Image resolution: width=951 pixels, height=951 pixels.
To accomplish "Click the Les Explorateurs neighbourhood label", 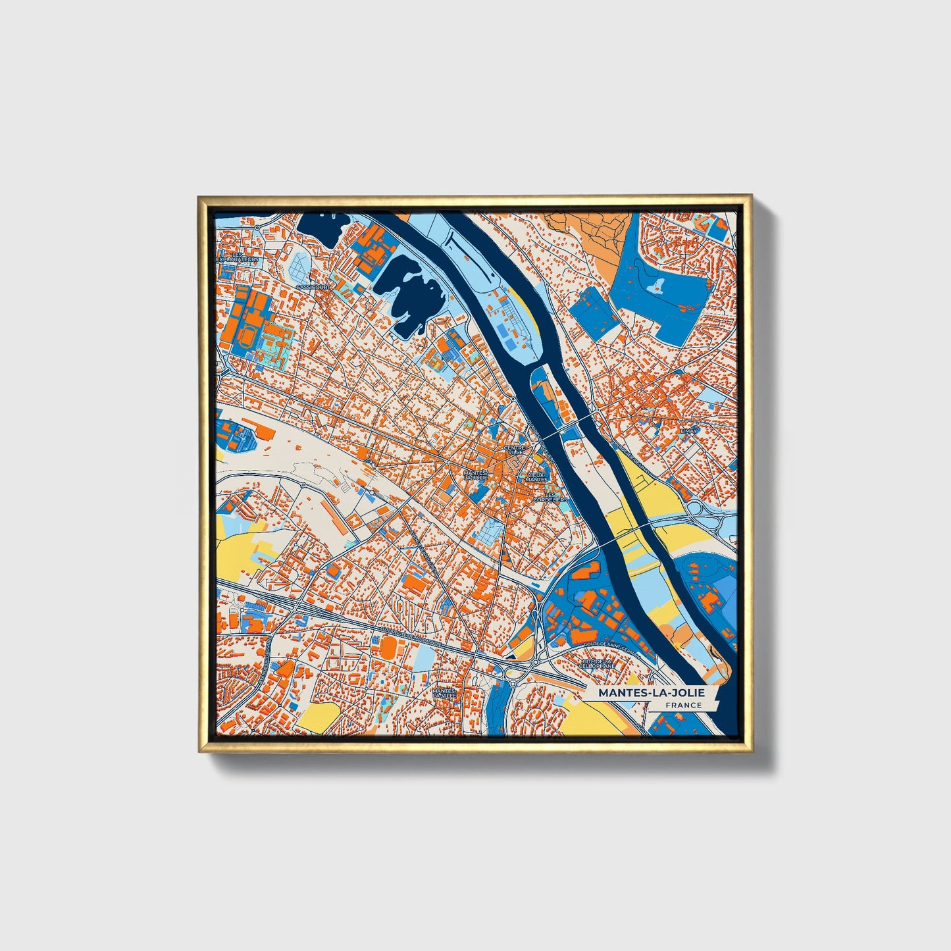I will point(238,257).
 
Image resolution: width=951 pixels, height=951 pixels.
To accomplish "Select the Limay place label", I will point(688,430).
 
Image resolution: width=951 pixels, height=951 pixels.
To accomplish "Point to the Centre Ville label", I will point(515,450).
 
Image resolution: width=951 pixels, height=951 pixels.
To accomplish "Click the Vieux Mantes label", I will point(536,477).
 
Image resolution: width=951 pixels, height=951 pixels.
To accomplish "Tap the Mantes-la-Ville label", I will point(444,693).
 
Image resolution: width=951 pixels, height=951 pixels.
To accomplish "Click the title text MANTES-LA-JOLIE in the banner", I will point(651,693).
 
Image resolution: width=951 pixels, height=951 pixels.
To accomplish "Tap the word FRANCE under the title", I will point(683,706).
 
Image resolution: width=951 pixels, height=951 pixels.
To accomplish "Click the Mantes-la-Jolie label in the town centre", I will point(475,475).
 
